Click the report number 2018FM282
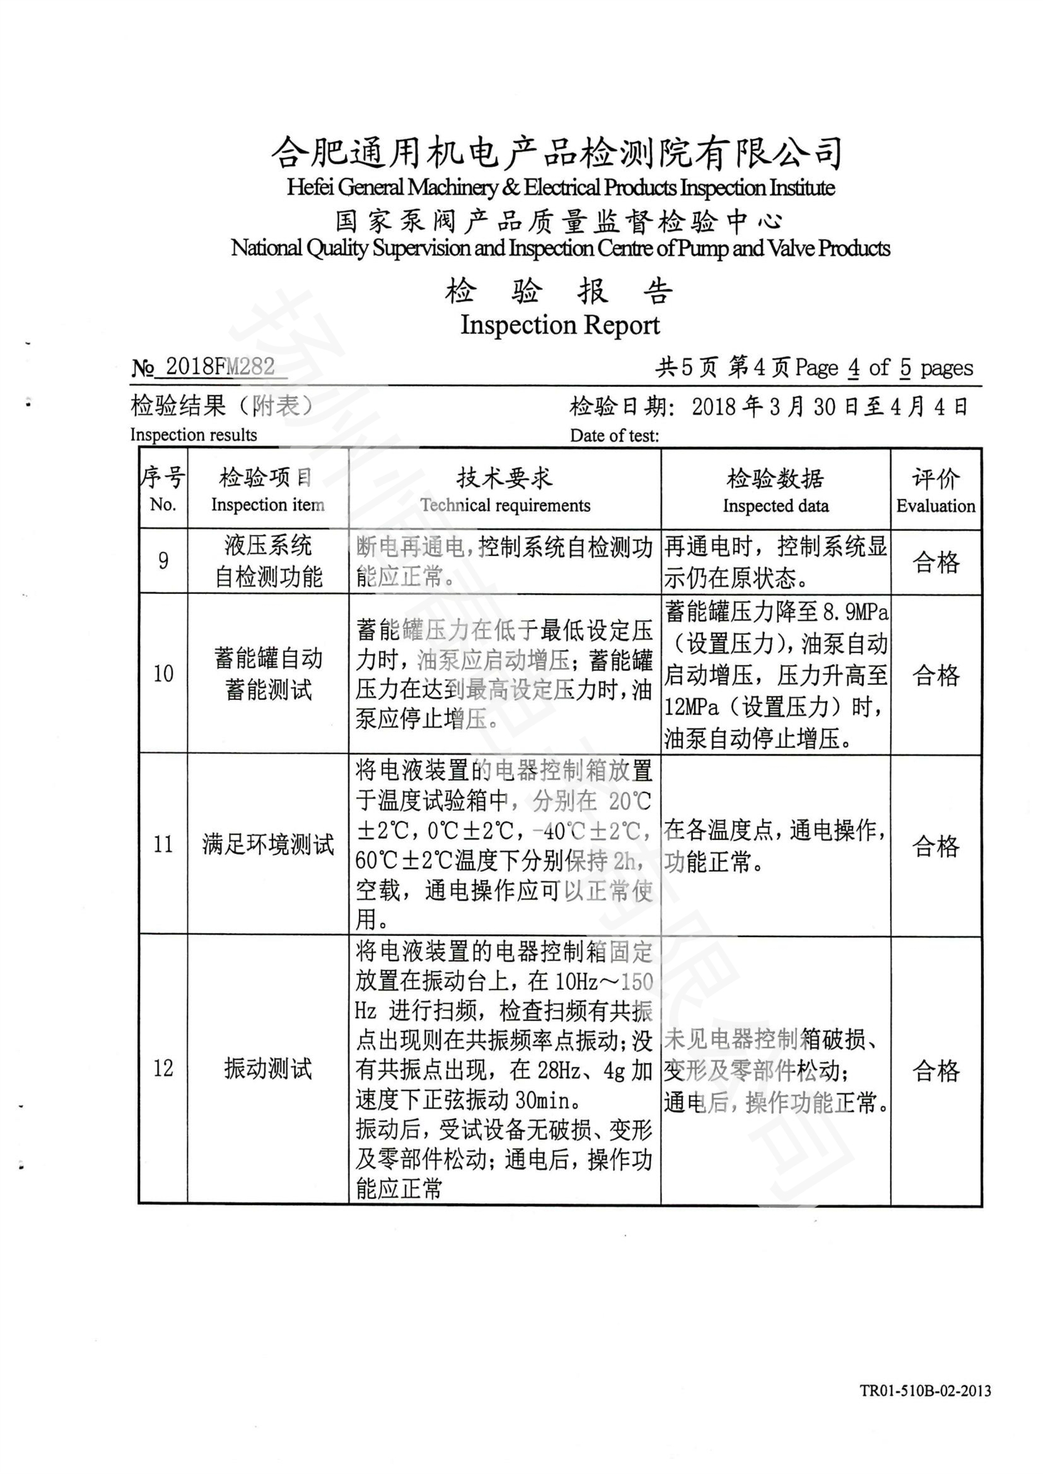click(x=219, y=367)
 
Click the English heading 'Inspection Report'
click(x=559, y=325)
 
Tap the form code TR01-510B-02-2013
click(x=925, y=1391)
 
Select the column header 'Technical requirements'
click(x=505, y=506)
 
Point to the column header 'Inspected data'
click(x=775, y=506)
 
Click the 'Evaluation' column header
click(x=935, y=506)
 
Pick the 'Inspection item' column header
click(x=268, y=505)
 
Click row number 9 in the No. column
click(x=163, y=561)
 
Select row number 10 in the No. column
click(x=163, y=674)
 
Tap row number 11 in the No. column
click(x=163, y=844)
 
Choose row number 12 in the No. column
click(x=163, y=1068)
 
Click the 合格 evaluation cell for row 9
click(x=936, y=562)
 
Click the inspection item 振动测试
click(x=268, y=1069)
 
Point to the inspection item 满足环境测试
click(x=268, y=845)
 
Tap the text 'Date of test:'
click(x=614, y=436)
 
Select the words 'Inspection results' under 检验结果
click(x=194, y=435)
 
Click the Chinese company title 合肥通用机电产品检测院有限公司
click(x=556, y=153)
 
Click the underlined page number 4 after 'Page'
click(x=854, y=368)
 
